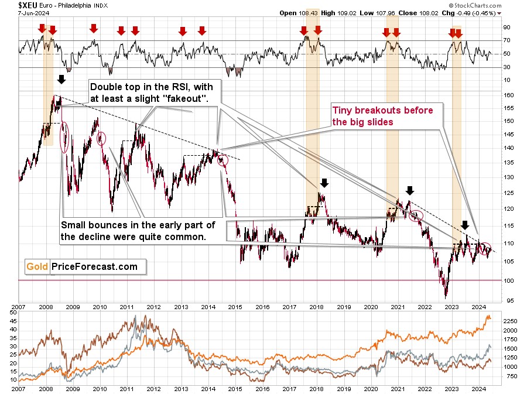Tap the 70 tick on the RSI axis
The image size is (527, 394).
tap(507, 40)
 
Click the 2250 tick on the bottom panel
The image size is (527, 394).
tap(511, 321)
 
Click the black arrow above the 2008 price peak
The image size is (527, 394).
tap(61, 80)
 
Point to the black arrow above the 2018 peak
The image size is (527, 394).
tap(324, 183)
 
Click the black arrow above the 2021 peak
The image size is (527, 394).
tap(410, 190)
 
